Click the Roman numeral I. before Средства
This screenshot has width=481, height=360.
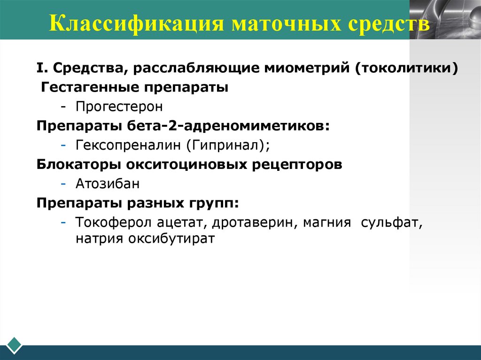[x=43, y=69]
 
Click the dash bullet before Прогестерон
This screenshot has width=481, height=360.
[x=63, y=107]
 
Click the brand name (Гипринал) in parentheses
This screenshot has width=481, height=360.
[x=228, y=146]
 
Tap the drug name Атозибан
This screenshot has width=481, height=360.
[x=108, y=184]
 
